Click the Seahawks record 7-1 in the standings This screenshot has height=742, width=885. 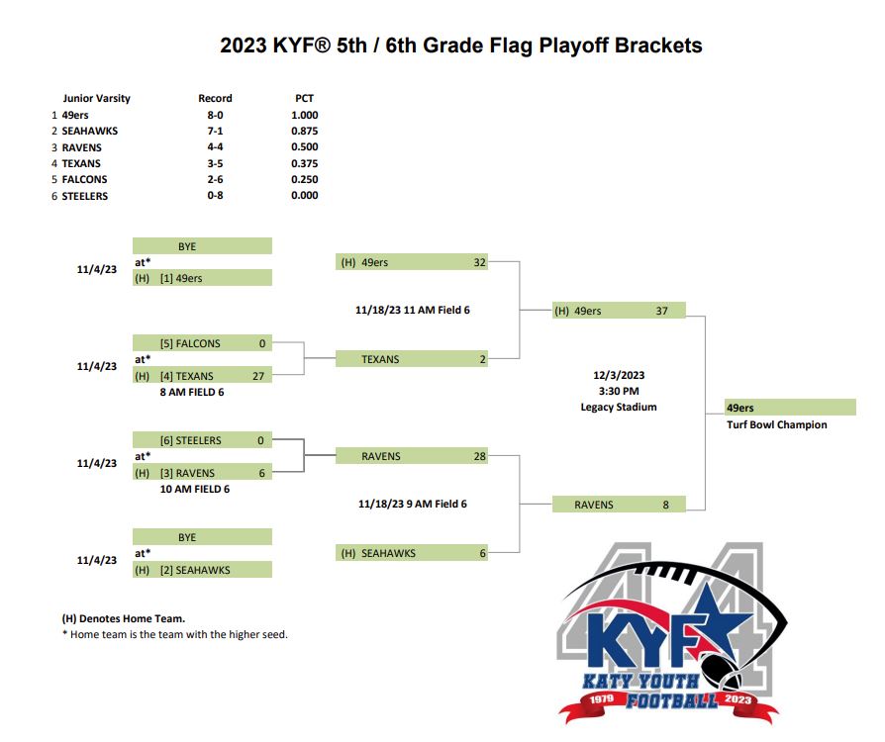click(x=215, y=131)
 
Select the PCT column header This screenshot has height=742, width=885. click(x=304, y=98)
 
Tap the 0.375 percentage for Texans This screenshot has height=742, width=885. click(x=304, y=163)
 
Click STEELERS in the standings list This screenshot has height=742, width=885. click(x=85, y=196)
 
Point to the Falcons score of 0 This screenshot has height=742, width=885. click(x=262, y=343)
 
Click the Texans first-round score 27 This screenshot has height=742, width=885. click(x=258, y=376)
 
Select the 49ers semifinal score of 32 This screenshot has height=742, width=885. click(x=480, y=262)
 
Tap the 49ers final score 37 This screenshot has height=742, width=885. click(x=661, y=311)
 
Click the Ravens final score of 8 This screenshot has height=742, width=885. click(x=665, y=505)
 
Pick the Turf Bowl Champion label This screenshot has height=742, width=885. click(x=777, y=424)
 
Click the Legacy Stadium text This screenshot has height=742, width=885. click(x=619, y=407)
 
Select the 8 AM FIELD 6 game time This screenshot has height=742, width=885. click(x=192, y=392)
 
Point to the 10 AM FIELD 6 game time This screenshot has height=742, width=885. click(x=195, y=489)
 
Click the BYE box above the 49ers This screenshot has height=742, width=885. click(x=202, y=246)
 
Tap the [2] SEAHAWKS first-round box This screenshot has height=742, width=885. click(x=202, y=569)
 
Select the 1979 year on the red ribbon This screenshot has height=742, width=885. click(x=602, y=699)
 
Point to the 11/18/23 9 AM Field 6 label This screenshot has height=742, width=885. click(x=413, y=504)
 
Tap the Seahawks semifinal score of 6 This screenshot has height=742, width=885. click(x=482, y=554)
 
